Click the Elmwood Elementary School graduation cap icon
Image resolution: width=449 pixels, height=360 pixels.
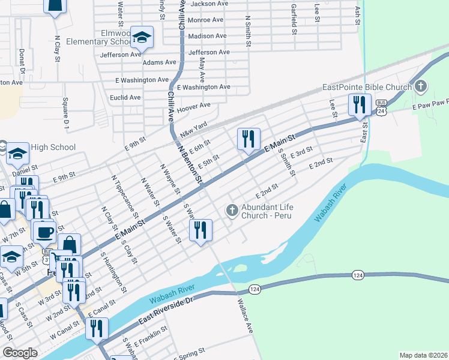142,38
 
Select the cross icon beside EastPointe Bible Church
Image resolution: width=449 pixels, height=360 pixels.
421,87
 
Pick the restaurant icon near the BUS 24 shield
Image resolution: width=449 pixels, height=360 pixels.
360,104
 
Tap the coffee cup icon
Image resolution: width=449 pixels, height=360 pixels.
44,232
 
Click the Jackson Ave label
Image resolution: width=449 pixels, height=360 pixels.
209,4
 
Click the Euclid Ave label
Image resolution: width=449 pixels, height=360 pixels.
125,97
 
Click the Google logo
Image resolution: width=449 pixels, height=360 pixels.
20,353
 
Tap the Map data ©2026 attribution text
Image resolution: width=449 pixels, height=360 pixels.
423,355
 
